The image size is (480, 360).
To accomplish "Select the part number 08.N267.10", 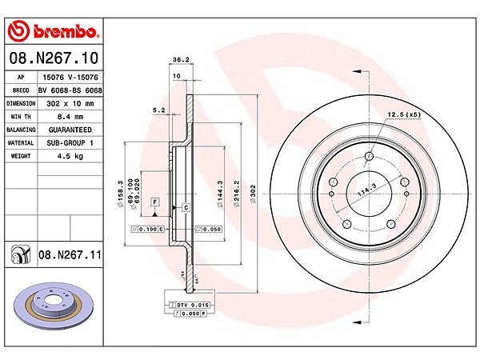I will pyautogui.click(x=53, y=58).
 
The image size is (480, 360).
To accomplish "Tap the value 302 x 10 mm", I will pyautogui.click(x=72, y=103).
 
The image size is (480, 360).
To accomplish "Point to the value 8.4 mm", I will pyautogui.click(x=72, y=116).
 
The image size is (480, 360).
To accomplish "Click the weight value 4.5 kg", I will pyautogui.click(x=72, y=155).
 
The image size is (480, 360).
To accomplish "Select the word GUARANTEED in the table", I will pyautogui.click(x=72, y=129).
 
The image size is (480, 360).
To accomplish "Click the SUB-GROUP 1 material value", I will pyautogui.click(x=72, y=142).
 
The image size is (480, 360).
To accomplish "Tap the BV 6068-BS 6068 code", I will pyautogui.click(x=72, y=90).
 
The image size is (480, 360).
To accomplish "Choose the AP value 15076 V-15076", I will pyautogui.click(x=72, y=78).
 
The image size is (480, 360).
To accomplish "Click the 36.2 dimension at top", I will pyautogui.click(x=181, y=59).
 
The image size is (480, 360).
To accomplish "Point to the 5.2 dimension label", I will pyautogui.click(x=158, y=110).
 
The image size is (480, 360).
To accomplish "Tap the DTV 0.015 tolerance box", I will pyautogui.click(x=190, y=305).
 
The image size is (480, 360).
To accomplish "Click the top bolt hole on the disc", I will pyautogui.click(x=368, y=156).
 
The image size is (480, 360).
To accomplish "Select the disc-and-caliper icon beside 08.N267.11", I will pyautogui.click(x=18, y=255).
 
